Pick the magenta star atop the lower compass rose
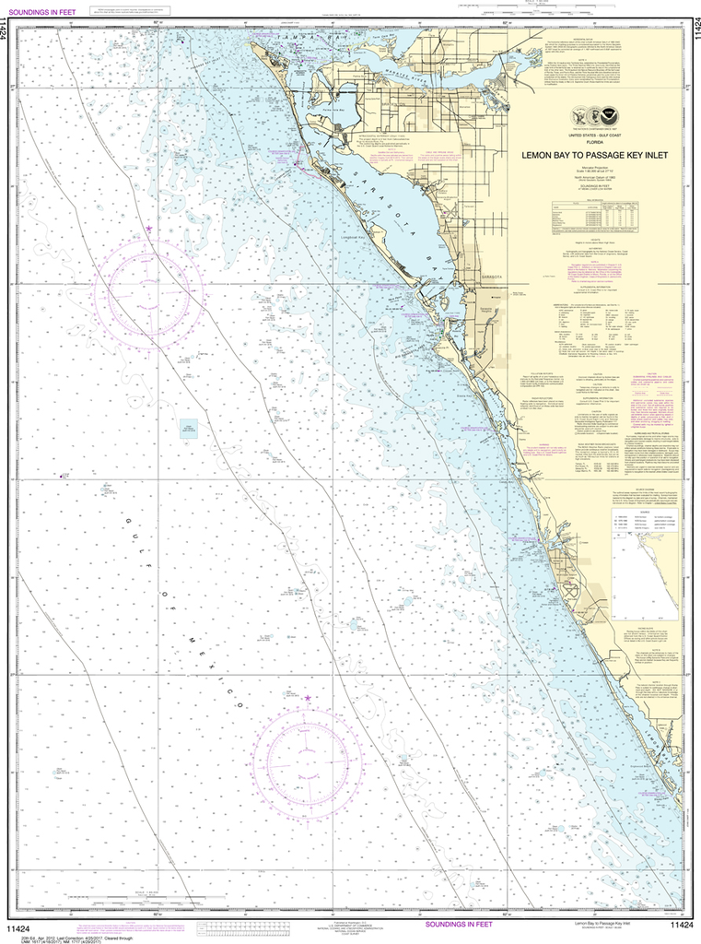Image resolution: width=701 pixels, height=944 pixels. click(308, 698)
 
